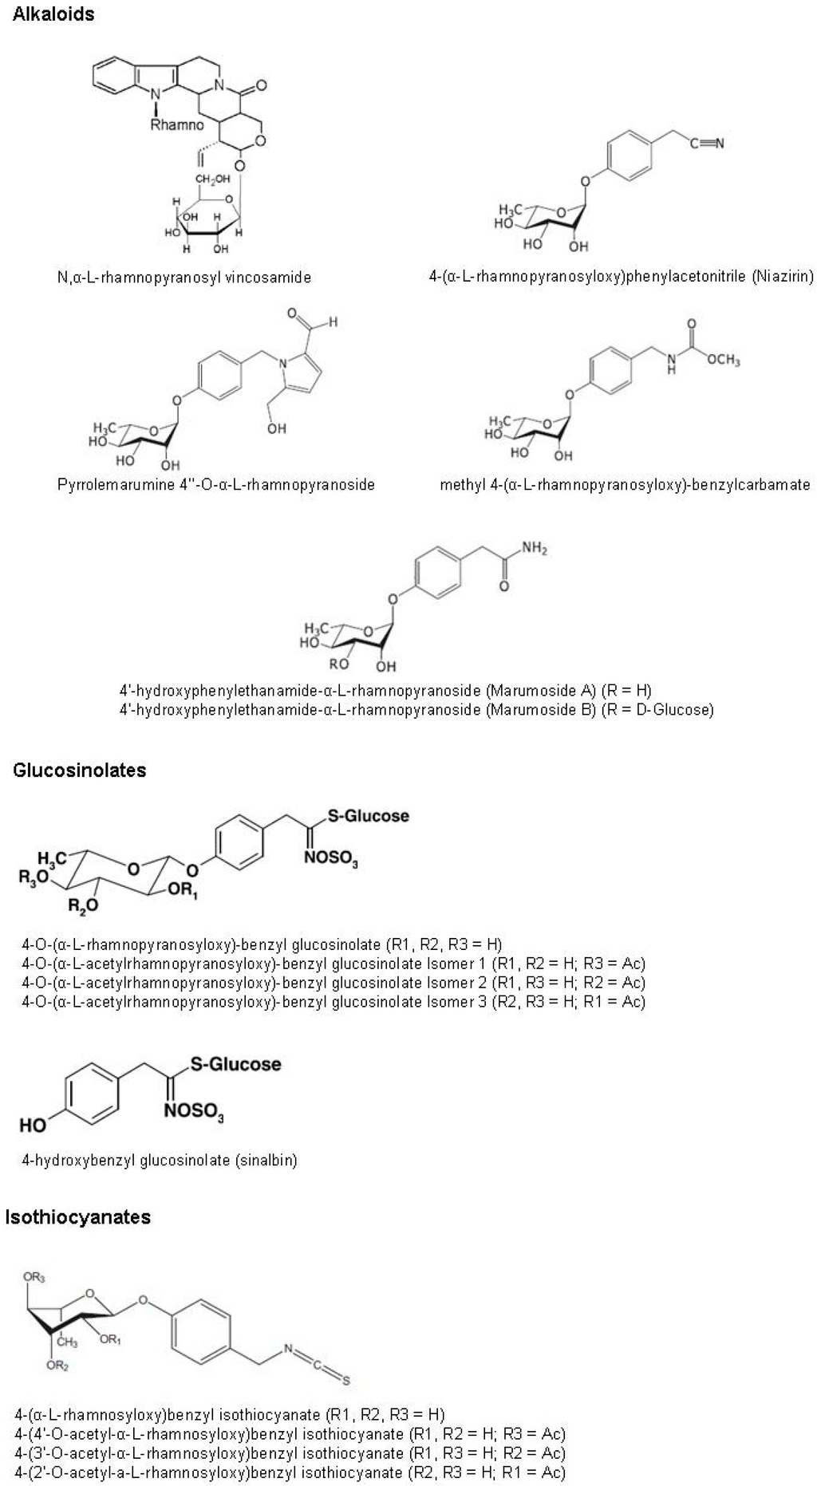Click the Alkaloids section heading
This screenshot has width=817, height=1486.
[x=53, y=14]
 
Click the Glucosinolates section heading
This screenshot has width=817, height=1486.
[x=79, y=770]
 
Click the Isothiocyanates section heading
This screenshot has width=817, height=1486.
[x=77, y=1216]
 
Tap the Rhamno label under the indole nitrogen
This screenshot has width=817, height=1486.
[x=177, y=125]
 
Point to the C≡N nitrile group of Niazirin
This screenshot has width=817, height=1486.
[x=707, y=144]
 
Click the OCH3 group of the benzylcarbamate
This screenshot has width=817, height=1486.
[x=722, y=360]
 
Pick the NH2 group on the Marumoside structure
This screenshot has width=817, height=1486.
[x=534, y=549]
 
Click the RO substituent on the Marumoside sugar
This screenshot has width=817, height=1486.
[x=339, y=664]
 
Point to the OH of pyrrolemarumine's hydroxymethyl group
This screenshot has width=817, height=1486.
[x=277, y=428]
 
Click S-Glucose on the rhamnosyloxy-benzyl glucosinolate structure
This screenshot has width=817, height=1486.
[x=369, y=816]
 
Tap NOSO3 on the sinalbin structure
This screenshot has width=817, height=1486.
[x=195, y=1111]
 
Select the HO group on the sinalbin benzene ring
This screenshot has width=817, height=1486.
[x=33, y=1125]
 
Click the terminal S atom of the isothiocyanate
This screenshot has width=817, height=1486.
[x=346, y=1382]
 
